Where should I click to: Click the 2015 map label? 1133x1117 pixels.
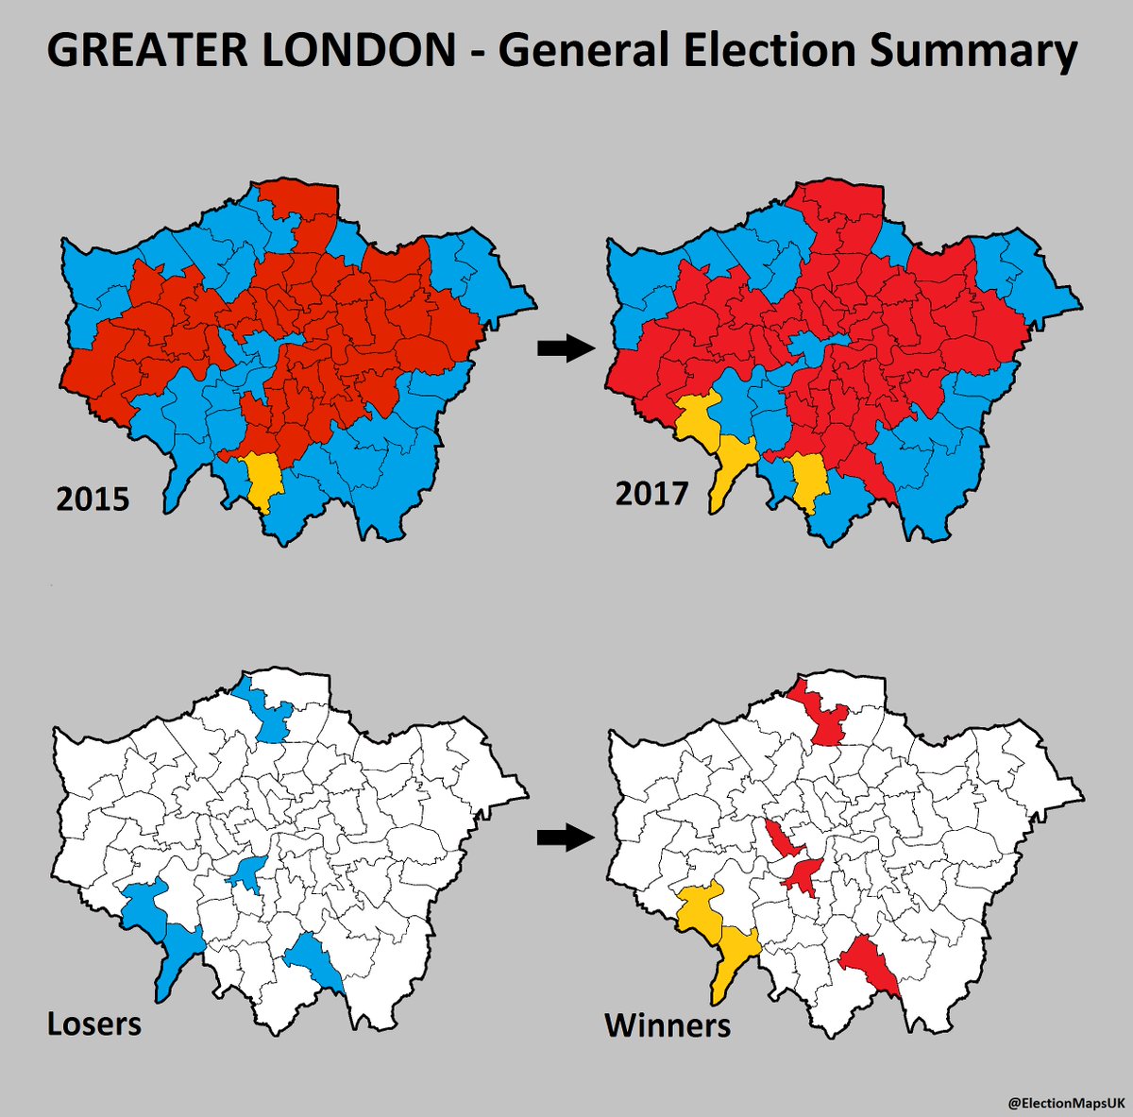click(92, 498)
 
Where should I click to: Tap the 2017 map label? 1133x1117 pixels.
click(651, 492)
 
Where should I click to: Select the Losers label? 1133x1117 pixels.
click(94, 1024)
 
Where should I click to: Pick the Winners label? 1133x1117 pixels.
click(668, 1024)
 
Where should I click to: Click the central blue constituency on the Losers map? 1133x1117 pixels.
click(249, 873)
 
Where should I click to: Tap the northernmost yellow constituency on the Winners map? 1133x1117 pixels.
click(700, 906)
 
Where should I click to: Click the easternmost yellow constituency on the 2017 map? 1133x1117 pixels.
click(809, 478)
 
